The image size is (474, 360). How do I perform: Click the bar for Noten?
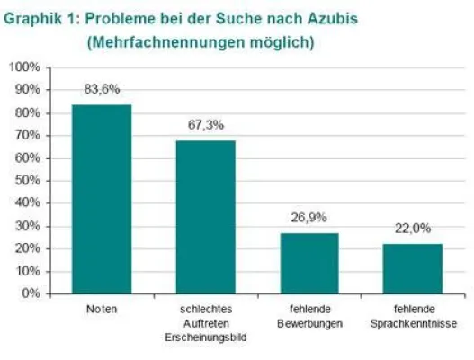[102, 199]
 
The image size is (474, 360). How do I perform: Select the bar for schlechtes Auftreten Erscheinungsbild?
[205, 217]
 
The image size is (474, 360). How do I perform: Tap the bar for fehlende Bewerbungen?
[309, 263]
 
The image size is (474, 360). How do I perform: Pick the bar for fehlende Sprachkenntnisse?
[412, 268]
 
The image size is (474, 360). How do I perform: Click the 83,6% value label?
[102, 88]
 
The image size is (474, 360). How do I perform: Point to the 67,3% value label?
[205, 125]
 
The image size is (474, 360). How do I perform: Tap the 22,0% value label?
[412, 229]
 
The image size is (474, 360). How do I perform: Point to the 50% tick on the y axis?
[28, 181]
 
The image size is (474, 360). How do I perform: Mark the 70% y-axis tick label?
[28, 136]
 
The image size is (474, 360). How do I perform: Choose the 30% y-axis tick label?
[28, 226]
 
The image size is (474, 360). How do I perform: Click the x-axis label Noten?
[102, 309]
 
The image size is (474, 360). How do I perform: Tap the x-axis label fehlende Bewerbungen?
[309, 315]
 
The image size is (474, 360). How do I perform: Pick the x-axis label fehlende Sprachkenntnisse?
[412, 315]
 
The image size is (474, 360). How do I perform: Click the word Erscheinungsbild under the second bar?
[205, 334]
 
